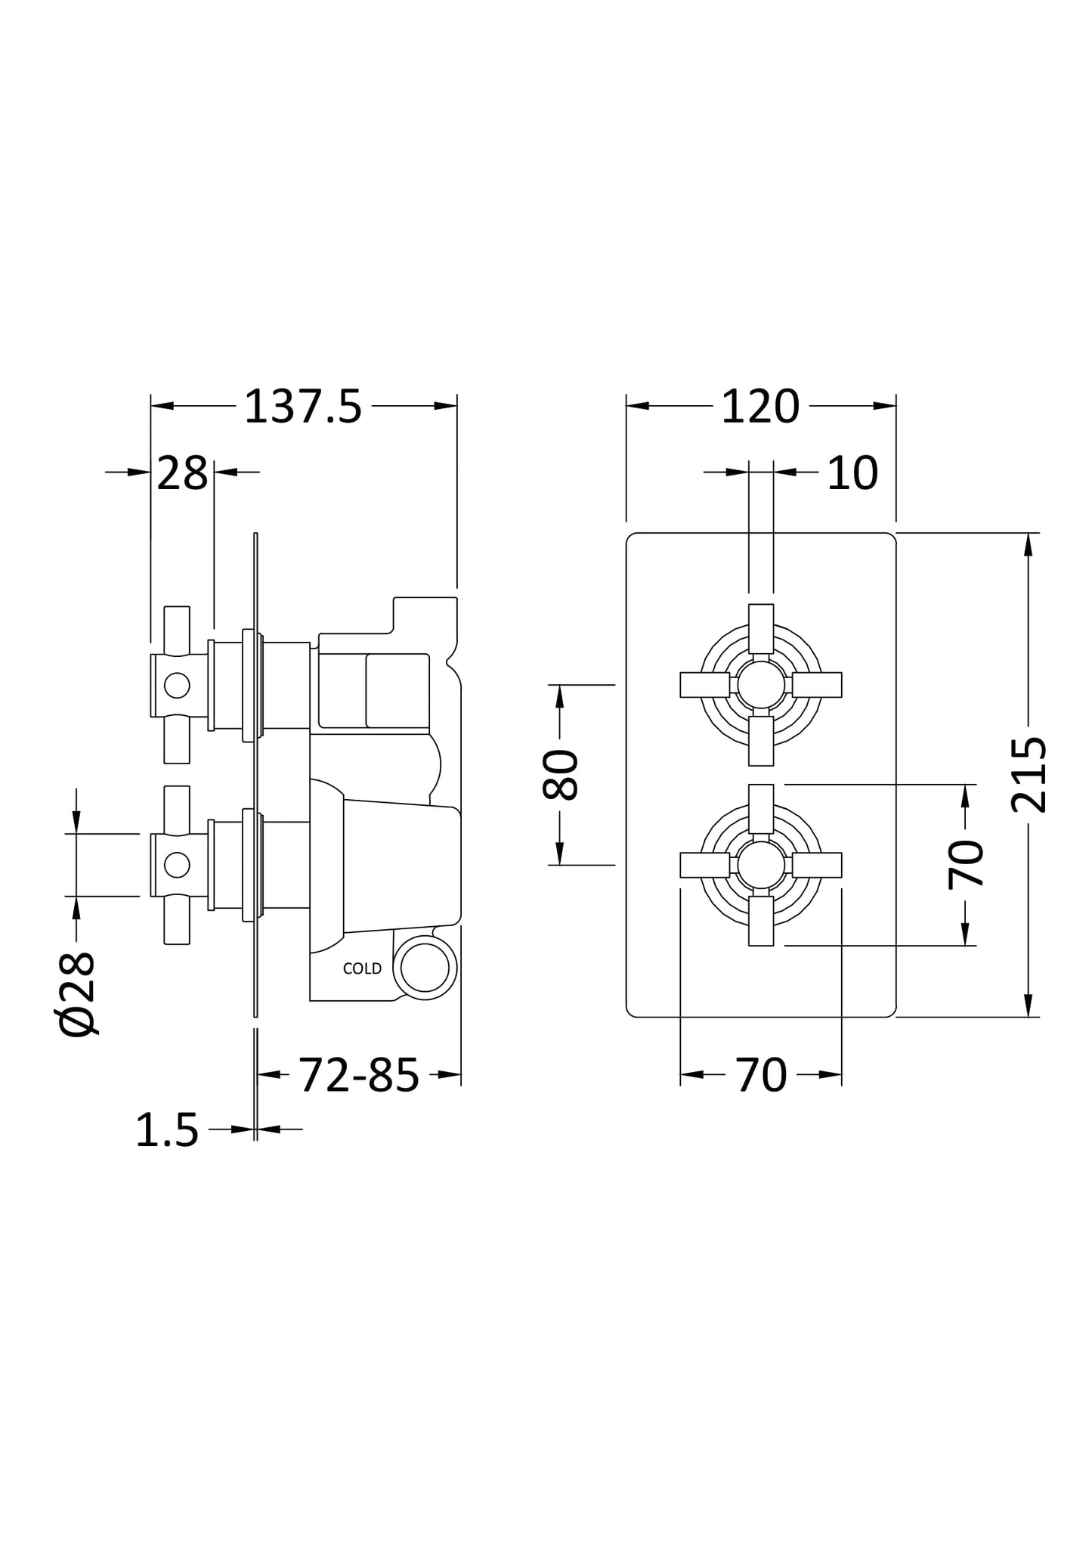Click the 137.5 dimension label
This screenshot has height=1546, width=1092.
click(303, 407)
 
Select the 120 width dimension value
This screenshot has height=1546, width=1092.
click(759, 407)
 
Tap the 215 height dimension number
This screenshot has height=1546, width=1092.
click(1029, 775)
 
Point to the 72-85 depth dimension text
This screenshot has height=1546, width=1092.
click(358, 1075)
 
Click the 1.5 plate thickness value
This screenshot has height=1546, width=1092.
click(167, 1131)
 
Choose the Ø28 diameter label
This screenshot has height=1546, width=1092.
click(77, 993)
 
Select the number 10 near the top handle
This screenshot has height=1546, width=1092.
click(852, 474)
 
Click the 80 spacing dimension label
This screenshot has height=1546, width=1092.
click(560, 775)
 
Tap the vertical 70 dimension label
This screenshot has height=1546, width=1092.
click(966, 864)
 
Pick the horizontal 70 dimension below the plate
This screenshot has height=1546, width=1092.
click(760, 1075)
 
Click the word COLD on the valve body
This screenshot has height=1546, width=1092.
click(362, 969)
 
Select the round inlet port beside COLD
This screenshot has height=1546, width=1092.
click(425, 968)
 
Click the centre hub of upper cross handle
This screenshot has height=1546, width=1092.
click(760, 685)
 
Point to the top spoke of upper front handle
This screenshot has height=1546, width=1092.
click(761, 628)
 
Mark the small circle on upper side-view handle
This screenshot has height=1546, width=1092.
click(177, 685)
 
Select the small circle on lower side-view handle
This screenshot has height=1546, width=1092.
click(177, 865)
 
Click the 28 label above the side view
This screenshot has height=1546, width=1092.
click(182, 474)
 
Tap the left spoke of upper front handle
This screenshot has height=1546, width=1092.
click(704, 685)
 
